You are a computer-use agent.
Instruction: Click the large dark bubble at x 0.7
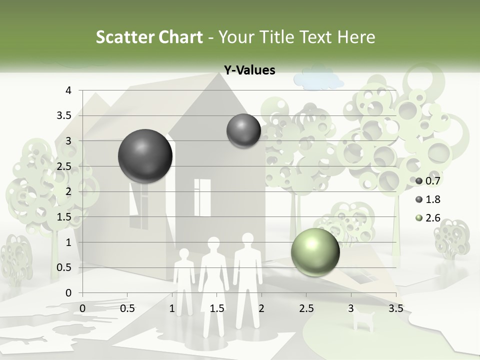pyautogui.click(x=145, y=156)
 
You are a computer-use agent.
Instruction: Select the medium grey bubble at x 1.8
pyautogui.click(x=243, y=130)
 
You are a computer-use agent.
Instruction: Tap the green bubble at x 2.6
pyautogui.click(x=315, y=252)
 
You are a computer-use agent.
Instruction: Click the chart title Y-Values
pyautogui.click(x=249, y=70)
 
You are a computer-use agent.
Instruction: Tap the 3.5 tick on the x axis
pyautogui.click(x=396, y=308)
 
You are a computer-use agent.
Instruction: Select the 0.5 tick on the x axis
pyautogui.click(x=127, y=308)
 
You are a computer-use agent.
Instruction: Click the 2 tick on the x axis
pyautogui.click(x=261, y=308)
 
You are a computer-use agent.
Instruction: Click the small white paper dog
pyautogui.click(x=363, y=318)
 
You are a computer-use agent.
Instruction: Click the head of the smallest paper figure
pyautogui.click(x=184, y=254)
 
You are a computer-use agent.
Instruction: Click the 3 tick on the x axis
pyautogui.click(x=351, y=308)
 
